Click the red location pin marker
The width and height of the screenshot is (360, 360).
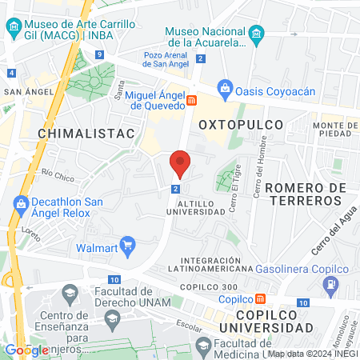point(180,164)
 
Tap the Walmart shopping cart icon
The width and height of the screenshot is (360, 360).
point(127,245)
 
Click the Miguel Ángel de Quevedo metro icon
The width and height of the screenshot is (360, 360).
point(192,100)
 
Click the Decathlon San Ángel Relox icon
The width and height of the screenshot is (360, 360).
point(20,205)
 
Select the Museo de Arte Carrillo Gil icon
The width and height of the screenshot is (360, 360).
point(14,30)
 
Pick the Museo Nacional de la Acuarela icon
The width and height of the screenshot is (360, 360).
point(256,34)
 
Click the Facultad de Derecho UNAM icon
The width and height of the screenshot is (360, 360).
point(70,294)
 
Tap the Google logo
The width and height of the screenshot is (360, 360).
point(26,350)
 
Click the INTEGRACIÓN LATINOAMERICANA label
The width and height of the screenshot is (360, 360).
point(222,266)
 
